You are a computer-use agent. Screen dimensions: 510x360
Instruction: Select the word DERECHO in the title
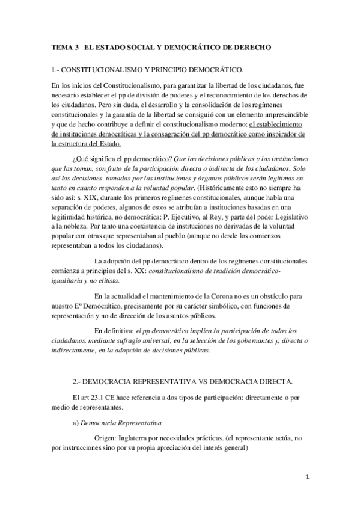coord(252,46)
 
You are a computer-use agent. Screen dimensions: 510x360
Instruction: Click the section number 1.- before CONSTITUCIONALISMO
coord(56,70)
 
